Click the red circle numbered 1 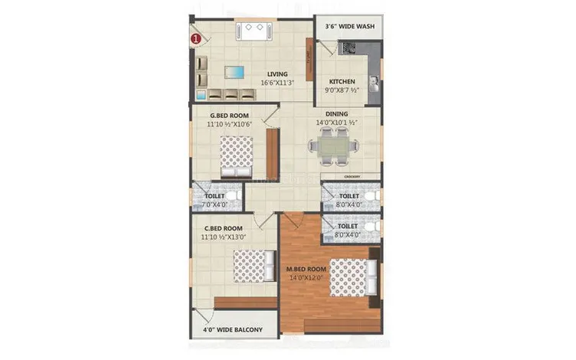196,36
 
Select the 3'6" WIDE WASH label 349,26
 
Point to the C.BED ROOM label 224,228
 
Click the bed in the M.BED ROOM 351,277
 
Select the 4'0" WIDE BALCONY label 233,330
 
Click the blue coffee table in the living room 234,73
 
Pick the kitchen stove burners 349,48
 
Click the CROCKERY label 352,176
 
